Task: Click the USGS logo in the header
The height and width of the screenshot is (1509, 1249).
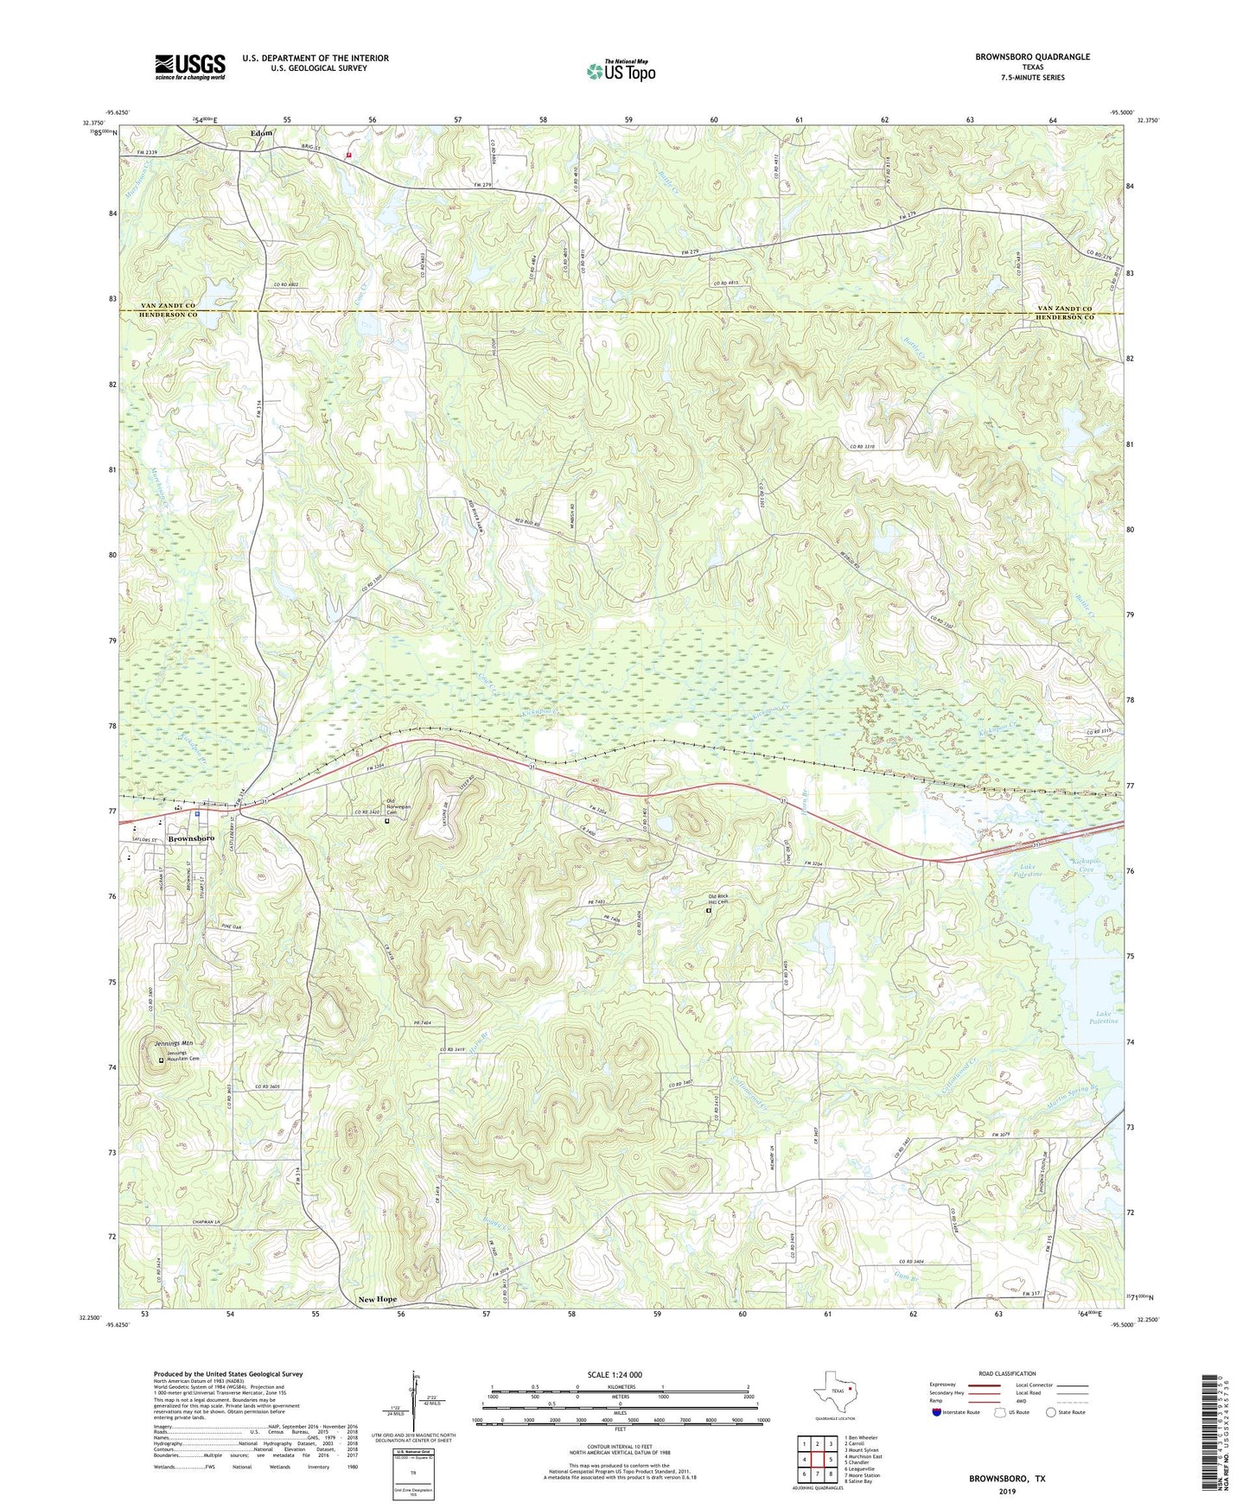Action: point(190,67)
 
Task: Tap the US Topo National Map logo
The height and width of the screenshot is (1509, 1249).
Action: point(620,70)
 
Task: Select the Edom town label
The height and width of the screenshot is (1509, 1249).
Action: point(261,133)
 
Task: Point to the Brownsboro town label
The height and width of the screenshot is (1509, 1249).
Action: point(191,838)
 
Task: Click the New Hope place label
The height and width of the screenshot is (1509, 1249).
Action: point(377,1299)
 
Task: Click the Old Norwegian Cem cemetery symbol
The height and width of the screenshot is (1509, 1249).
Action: point(387,822)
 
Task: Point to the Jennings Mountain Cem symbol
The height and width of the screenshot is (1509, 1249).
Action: point(161,1060)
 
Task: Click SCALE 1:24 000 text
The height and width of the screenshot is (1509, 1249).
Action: point(615,1374)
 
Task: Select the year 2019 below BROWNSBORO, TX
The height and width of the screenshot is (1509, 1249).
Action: point(1007,1491)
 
